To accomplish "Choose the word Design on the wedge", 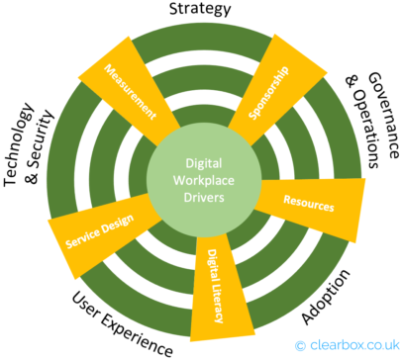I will pyautogui.click(x=110, y=226).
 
